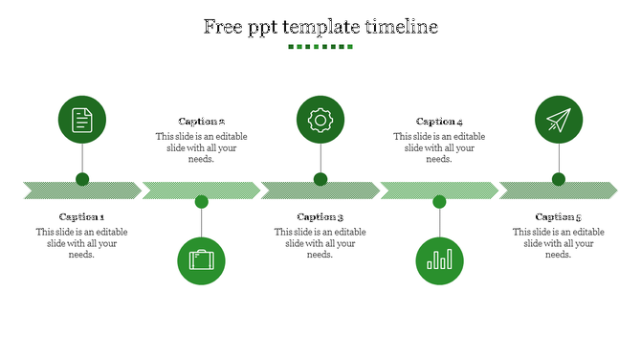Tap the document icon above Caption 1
click(x=82, y=120)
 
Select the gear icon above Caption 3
click(x=320, y=120)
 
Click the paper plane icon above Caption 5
click(x=559, y=120)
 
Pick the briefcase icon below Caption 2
click(x=201, y=260)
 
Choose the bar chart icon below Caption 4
click(x=439, y=260)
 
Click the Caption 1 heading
click(x=82, y=217)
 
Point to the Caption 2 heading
click(x=201, y=122)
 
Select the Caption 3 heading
click(x=320, y=217)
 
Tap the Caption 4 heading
click(x=439, y=122)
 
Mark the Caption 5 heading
click(x=559, y=217)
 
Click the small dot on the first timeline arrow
click(x=82, y=179)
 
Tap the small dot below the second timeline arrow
click(x=201, y=201)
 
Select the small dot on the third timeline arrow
click(x=320, y=179)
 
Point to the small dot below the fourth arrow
click(x=439, y=201)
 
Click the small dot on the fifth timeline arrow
click(x=559, y=179)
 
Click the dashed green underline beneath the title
click(x=320, y=46)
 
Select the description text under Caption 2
click(x=201, y=147)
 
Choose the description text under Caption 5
click(x=559, y=243)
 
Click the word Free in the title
click(x=224, y=27)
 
